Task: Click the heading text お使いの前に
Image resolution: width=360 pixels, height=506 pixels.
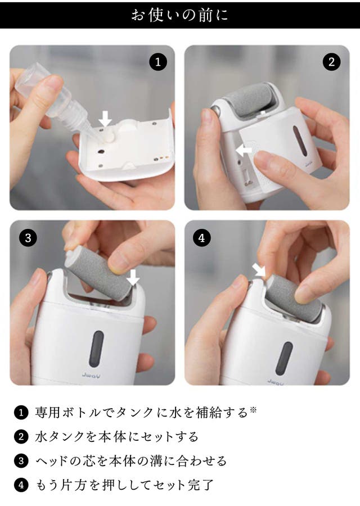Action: click(x=179, y=15)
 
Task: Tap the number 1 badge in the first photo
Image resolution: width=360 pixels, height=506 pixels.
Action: click(x=158, y=62)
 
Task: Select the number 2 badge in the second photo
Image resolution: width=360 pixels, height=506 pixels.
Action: click(x=332, y=62)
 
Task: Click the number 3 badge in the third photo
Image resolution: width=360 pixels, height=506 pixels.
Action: click(x=28, y=238)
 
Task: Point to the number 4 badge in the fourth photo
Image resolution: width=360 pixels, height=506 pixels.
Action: click(x=202, y=238)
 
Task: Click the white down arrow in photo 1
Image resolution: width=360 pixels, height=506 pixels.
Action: click(x=105, y=119)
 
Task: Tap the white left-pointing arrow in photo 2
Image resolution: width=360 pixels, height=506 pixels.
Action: click(x=244, y=150)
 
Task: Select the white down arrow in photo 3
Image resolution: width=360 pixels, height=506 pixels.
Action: click(x=133, y=277)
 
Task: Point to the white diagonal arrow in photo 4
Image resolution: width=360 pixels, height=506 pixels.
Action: click(x=258, y=269)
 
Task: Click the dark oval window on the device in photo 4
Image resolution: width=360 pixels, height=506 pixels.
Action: click(x=284, y=358)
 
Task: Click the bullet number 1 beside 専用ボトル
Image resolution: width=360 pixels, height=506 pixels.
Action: click(x=21, y=413)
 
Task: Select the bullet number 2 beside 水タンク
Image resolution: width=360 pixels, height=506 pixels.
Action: click(x=21, y=437)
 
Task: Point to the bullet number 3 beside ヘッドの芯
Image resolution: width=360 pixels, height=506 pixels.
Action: click(x=21, y=461)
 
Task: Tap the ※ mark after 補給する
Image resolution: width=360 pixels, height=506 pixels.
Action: click(x=253, y=409)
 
